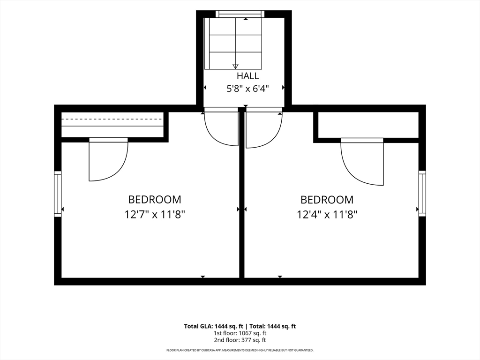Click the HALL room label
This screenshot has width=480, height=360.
(247, 75)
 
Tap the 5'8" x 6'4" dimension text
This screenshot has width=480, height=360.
(247, 89)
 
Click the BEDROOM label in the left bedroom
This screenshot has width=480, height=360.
(155, 200)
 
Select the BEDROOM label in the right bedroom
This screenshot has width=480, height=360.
(327, 200)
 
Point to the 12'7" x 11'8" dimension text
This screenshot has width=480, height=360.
(155, 214)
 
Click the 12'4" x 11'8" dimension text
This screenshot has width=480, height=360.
(327, 214)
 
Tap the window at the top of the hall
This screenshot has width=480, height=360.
(240, 14)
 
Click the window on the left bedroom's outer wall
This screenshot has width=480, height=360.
(58, 194)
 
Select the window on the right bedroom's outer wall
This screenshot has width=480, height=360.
(422, 193)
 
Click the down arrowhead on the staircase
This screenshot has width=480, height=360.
(235, 66)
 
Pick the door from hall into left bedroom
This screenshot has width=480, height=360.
(221, 127)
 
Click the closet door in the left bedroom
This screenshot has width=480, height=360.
(109, 159)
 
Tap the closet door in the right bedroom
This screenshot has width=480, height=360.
(362, 162)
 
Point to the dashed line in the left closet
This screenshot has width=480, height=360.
(112, 119)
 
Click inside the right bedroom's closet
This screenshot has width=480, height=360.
(368, 125)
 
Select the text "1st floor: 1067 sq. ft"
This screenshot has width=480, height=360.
(240, 333)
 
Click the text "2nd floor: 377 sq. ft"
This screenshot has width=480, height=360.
(240, 340)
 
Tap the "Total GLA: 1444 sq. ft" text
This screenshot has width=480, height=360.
(215, 326)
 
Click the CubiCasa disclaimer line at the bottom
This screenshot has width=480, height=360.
(240, 350)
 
